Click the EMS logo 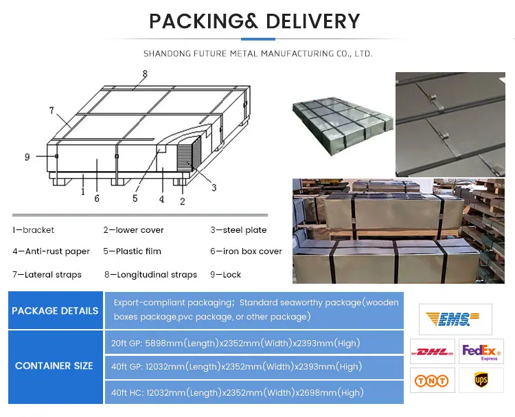[x=455, y=319]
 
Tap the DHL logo [x=432, y=352]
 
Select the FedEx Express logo [x=481, y=352]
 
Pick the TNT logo [x=432, y=380]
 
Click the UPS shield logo [x=481, y=380]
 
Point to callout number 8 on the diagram [x=145, y=74]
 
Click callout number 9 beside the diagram [x=27, y=157]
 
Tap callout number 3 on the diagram [x=214, y=187]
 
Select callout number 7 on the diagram [x=51, y=110]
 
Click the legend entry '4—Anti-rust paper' [x=51, y=251]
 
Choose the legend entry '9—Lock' [x=226, y=275]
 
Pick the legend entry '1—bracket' [x=33, y=230]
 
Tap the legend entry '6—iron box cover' [x=246, y=251]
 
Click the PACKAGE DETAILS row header [x=55, y=311]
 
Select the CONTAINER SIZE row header [x=54, y=365]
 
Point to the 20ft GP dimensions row [x=236, y=343]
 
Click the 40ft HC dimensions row [x=236, y=393]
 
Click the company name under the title [x=257, y=53]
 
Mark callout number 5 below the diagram [x=135, y=199]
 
